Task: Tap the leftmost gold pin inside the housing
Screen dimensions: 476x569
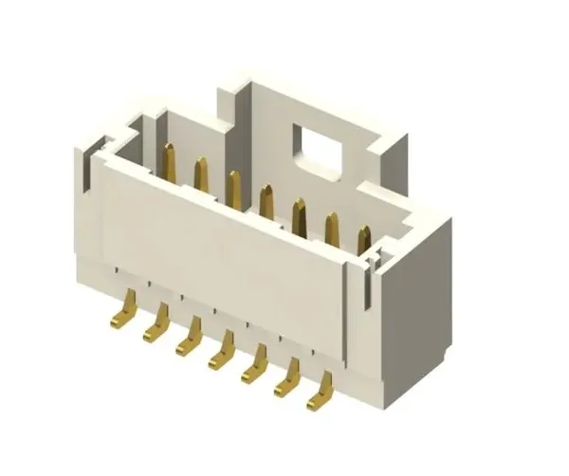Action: pos(169,161)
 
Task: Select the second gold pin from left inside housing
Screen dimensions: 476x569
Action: pos(201,175)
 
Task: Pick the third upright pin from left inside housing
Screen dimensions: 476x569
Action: pos(233,188)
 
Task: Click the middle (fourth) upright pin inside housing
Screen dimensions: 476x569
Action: pos(266,202)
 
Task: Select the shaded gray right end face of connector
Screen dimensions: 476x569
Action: pos(413,303)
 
